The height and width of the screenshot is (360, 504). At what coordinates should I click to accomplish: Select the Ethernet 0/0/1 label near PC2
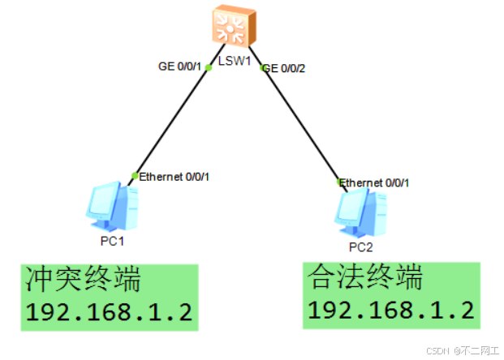click(x=375, y=182)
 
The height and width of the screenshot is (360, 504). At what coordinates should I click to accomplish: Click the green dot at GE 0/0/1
click(x=209, y=66)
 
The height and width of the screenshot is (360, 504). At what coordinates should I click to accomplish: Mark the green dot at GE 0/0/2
click(x=263, y=68)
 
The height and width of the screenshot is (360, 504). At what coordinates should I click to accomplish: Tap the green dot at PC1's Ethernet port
click(x=135, y=175)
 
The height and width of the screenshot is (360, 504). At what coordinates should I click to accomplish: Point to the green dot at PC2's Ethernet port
click(x=341, y=182)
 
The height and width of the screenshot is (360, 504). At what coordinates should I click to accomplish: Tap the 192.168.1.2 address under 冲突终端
click(x=109, y=313)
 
